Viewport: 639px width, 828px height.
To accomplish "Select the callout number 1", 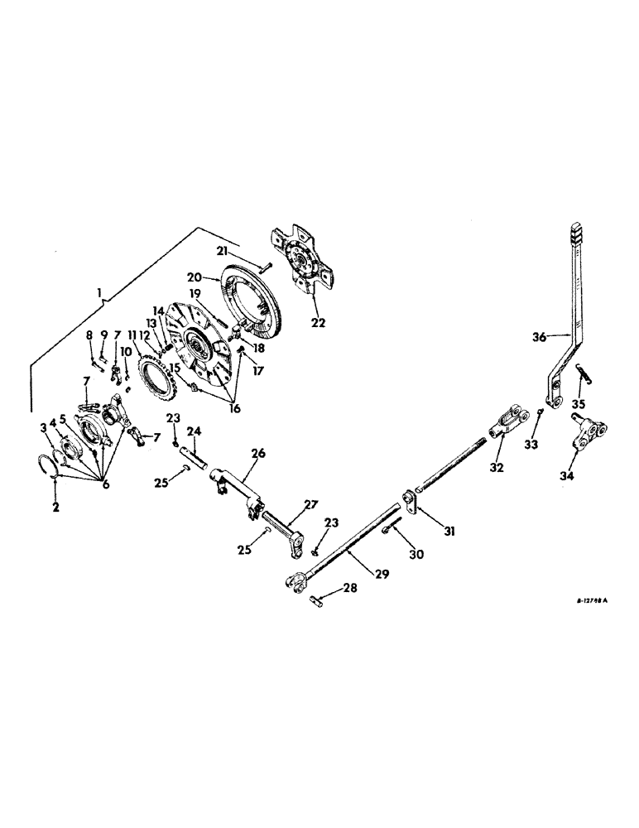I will click(100, 292).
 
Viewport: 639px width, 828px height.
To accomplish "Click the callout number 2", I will click(56, 507).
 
